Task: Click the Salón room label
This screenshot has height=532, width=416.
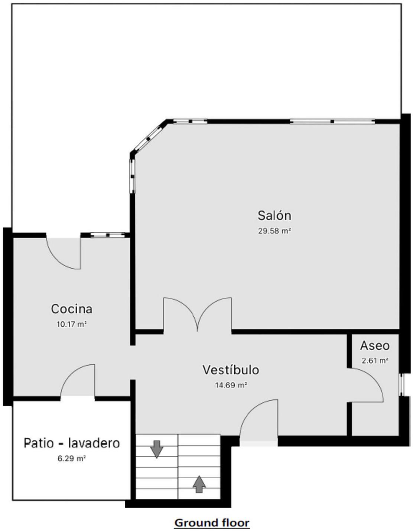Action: (274, 216)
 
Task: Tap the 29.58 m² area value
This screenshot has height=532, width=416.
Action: (274, 231)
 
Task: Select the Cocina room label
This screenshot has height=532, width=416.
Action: (72, 309)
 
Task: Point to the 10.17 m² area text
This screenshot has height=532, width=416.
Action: (72, 324)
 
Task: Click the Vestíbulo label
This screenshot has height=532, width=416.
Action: (231, 370)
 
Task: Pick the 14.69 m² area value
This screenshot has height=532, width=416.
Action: (231, 385)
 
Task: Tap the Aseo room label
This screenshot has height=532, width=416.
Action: (375, 346)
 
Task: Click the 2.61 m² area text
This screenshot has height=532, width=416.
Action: (375, 361)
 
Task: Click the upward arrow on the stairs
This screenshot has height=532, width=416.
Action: (199, 484)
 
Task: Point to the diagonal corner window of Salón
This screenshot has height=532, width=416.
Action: (149, 138)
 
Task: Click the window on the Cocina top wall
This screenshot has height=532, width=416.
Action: (108, 235)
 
